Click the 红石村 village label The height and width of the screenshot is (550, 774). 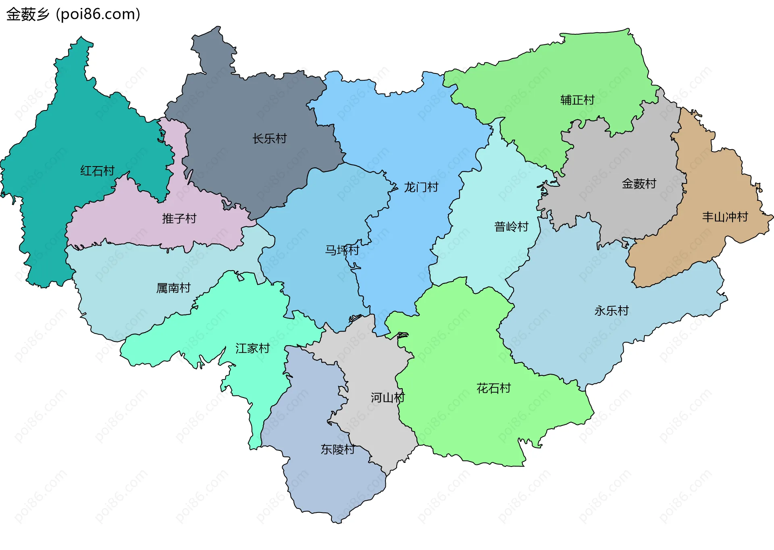click(97, 171)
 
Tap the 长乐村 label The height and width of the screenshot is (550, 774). click(269, 139)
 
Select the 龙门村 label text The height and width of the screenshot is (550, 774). click(421, 187)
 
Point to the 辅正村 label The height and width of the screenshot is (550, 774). click(577, 100)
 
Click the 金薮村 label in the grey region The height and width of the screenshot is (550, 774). click(639, 184)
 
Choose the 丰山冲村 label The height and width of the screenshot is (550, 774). click(725, 217)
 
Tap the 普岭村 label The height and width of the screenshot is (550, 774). click(511, 227)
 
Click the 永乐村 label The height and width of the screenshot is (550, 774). click(612, 310)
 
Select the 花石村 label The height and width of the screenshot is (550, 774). click(493, 388)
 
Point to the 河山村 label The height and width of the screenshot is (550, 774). click(387, 398)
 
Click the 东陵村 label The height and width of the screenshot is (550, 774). click(337, 449)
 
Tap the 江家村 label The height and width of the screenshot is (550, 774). click(252, 348)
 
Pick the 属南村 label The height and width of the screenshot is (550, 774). click(173, 288)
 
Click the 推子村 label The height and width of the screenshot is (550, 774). click(179, 219)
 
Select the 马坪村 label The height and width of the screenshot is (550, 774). click(342, 250)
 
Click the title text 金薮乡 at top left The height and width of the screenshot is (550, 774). click(27, 15)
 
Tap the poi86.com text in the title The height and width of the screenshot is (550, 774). click(98, 15)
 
